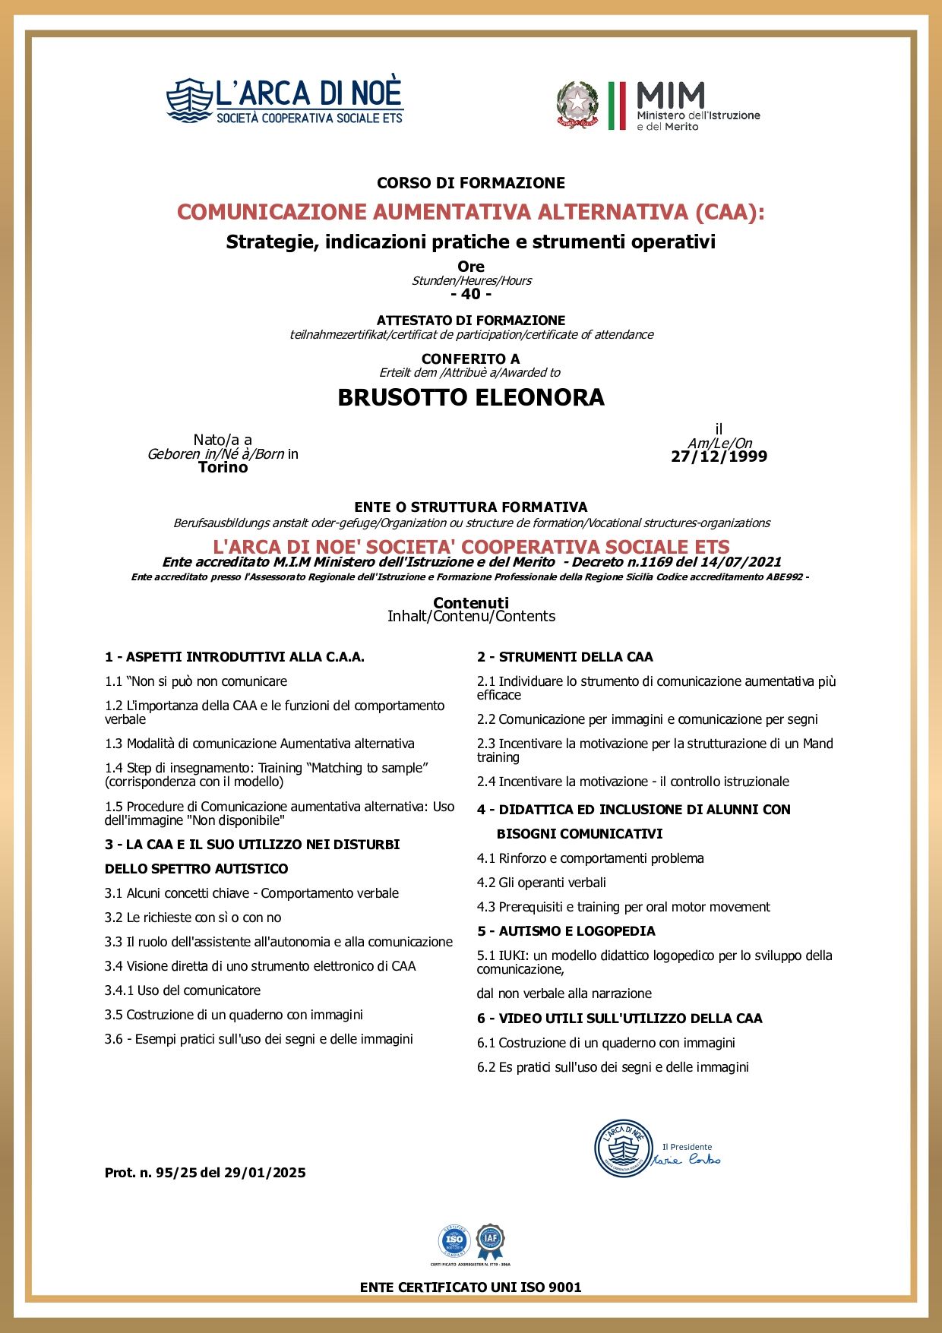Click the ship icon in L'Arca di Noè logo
point(190,100)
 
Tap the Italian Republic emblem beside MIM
point(577,105)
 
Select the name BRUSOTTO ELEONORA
point(471,397)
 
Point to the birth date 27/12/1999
point(719,456)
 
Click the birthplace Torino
point(223,467)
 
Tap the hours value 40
point(471,294)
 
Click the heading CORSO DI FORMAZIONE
point(471,183)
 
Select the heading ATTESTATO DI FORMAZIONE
point(471,321)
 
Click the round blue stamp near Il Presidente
point(623,1148)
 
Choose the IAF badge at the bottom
point(491,1240)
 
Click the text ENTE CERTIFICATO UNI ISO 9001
point(471,1287)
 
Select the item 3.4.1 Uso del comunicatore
point(182,990)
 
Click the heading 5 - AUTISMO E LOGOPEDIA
point(566,931)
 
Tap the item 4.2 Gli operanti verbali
point(541,883)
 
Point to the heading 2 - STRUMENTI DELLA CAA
point(565,657)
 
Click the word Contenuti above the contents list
point(471,603)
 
